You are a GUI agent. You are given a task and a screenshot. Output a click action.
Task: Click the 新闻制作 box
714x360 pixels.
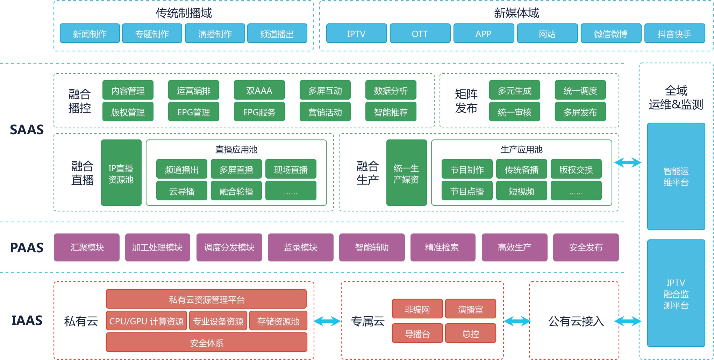90,34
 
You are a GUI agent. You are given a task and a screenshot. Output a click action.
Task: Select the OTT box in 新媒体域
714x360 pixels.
420,34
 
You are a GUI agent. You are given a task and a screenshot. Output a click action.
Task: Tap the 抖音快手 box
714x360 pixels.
674,34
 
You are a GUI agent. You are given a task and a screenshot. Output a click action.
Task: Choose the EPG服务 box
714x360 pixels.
259,112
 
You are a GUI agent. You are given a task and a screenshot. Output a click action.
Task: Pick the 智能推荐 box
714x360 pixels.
391,112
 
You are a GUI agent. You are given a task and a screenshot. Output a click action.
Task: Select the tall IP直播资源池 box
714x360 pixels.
121,173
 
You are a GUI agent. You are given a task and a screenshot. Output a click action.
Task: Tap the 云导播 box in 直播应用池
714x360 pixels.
181,191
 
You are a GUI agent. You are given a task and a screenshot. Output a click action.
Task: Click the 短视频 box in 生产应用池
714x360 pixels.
521,191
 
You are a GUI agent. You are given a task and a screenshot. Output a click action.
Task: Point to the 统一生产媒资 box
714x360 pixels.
406,173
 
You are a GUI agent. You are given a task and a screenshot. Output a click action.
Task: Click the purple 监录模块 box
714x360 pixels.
300,247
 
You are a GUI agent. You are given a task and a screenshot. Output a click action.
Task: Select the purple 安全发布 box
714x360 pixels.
586,247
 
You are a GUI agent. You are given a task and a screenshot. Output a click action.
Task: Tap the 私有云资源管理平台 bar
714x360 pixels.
206,299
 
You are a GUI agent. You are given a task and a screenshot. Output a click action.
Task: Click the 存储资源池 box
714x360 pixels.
278,321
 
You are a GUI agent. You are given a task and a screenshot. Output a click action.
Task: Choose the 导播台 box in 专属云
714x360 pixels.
417,333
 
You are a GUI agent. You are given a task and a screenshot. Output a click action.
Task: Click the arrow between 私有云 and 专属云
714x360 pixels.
327,321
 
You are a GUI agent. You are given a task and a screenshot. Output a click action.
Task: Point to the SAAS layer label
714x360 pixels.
27,130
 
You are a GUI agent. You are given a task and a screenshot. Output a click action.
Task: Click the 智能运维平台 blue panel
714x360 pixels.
676,177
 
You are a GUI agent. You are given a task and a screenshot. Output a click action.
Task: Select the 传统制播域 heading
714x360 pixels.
184,13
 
